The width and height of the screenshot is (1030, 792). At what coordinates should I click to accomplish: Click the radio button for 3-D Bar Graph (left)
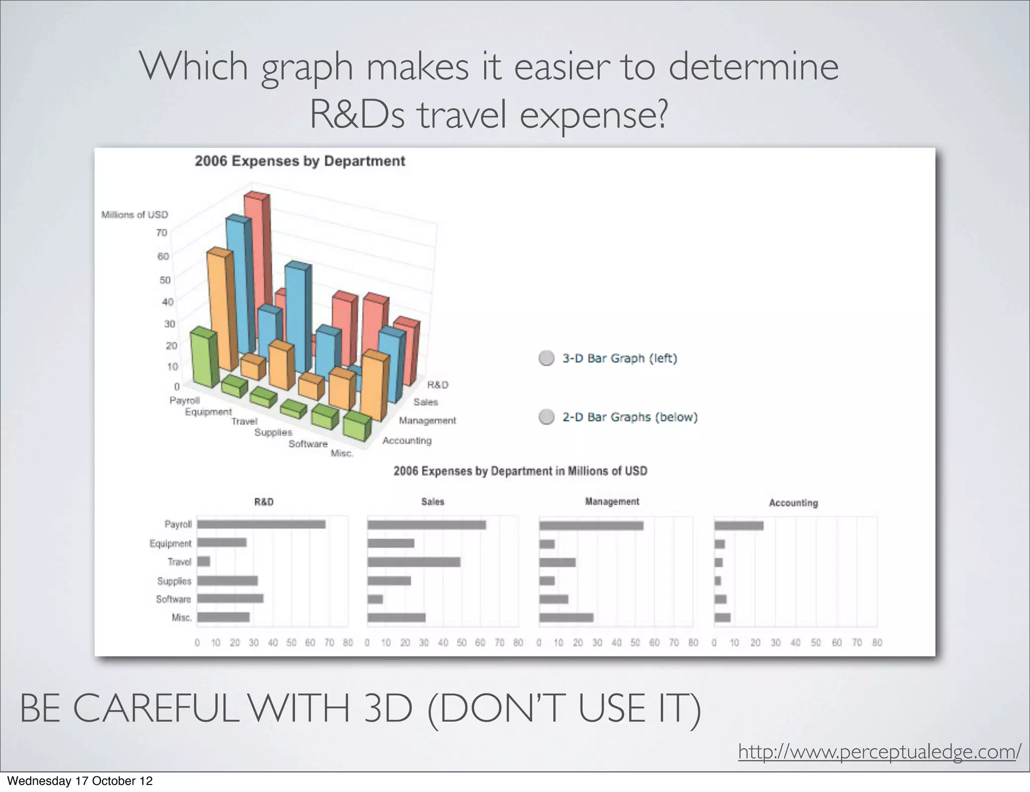point(546,358)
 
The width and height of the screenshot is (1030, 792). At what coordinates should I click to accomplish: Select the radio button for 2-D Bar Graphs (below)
point(546,417)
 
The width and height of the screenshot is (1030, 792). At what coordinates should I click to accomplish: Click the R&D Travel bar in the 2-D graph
point(204,561)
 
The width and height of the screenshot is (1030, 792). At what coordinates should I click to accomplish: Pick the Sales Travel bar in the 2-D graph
point(413,562)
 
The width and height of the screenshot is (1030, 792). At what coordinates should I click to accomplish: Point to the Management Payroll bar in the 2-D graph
point(591,526)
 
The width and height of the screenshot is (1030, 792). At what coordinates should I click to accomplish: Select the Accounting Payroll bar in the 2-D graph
point(739,526)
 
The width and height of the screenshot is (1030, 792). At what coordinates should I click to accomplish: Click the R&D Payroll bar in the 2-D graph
point(261,524)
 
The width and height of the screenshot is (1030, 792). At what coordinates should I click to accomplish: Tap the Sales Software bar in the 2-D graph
point(375,599)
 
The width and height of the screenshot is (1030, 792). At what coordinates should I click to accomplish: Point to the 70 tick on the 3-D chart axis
point(161,233)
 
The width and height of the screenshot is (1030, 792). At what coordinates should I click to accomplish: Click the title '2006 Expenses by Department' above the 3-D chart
point(300,161)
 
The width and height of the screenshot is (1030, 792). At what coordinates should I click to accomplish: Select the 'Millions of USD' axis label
point(135,215)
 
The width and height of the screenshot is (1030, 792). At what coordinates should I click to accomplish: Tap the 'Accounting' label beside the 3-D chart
point(407,441)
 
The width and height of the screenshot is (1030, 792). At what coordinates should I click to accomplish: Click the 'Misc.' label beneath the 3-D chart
point(342,453)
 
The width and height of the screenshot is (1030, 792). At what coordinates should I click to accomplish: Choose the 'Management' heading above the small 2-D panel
point(612,502)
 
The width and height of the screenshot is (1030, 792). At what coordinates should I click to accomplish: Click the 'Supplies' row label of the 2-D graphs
point(174,581)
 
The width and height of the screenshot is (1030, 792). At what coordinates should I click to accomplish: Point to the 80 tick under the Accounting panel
point(877,643)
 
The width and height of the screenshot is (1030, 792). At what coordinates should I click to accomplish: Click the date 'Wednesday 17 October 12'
point(79,781)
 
